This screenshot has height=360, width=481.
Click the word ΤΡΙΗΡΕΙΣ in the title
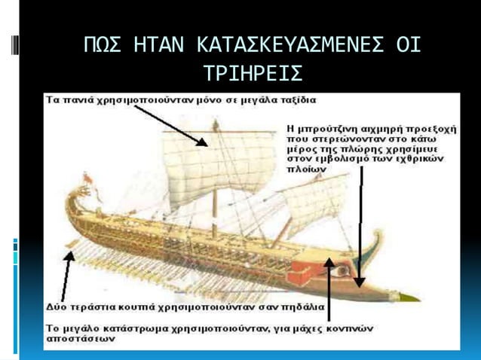(253, 73)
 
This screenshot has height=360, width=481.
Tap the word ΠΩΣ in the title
(103, 46)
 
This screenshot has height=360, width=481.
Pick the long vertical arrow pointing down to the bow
(361, 226)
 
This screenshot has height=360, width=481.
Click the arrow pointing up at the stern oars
(67, 276)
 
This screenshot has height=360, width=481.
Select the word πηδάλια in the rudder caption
(302, 307)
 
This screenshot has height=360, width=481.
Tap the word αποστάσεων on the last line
(75, 339)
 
